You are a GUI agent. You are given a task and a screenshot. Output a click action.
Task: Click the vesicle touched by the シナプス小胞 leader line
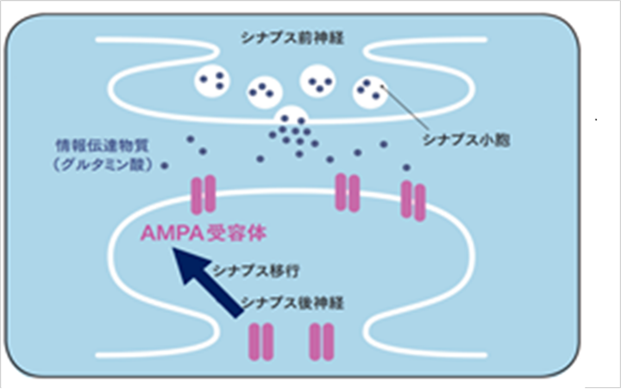pos(370,91)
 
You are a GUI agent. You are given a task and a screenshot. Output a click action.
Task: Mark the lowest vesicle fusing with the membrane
pos(291,120)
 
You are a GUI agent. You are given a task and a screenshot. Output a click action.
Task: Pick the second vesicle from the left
pos(264,89)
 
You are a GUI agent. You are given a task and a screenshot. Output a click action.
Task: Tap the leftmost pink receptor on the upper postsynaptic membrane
pos(205,194)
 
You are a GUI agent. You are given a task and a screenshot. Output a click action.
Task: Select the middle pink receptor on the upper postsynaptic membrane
pos(347,191)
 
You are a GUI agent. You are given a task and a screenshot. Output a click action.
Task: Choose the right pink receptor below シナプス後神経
pos(321,341)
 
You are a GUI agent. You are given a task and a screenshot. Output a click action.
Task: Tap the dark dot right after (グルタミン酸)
pos(164,166)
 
